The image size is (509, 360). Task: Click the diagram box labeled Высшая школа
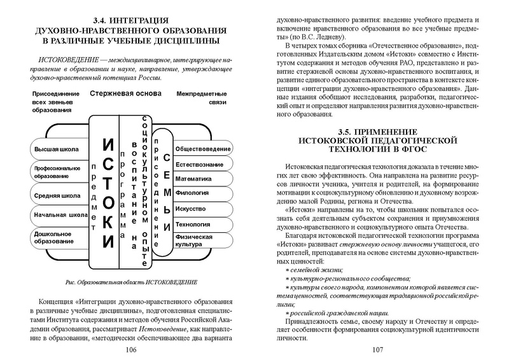(56, 149)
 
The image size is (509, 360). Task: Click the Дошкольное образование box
(56, 239)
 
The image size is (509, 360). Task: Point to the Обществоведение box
(203, 149)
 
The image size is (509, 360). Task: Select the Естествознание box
(203, 164)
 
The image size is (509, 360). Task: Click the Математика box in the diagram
(203, 179)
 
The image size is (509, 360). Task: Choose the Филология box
(203, 194)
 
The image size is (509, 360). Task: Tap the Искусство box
(203, 209)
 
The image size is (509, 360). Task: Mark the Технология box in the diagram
(203, 225)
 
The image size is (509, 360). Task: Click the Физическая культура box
(203, 240)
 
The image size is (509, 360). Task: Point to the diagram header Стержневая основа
(126, 93)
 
